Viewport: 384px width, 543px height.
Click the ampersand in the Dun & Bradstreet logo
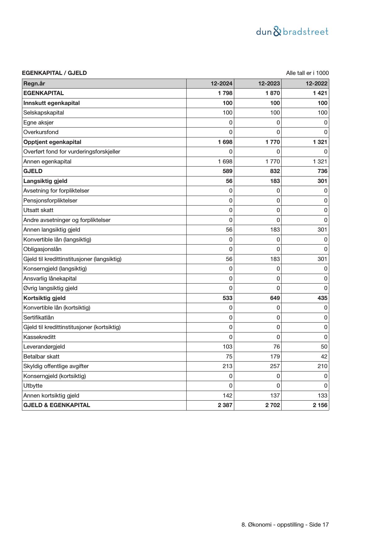pos(278,32)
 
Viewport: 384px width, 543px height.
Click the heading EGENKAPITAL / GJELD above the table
pos(54,73)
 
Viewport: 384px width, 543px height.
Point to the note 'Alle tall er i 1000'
pos(307,73)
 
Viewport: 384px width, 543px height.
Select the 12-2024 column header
pos(222,84)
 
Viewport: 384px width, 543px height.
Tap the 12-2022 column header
pos(317,84)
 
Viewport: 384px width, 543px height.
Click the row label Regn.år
pos(34,84)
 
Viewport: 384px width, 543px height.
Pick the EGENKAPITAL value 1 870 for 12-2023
pos(273,93)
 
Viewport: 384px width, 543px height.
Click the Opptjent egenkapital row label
pos(52,142)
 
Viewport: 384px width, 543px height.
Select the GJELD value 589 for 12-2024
pos(227,171)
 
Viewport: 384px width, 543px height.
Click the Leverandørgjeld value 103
pos(227,347)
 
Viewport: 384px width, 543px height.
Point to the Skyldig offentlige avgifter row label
pos(56,366)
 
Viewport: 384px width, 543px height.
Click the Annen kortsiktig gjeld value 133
pos(322,396)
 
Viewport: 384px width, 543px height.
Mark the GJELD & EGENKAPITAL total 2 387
pos(225,405)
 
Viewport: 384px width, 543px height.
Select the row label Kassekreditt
pos(40,337)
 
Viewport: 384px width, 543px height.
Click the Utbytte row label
pos(33,386)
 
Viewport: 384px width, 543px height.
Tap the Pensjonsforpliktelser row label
pos(50,201)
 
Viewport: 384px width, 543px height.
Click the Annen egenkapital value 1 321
pos(320,162)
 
